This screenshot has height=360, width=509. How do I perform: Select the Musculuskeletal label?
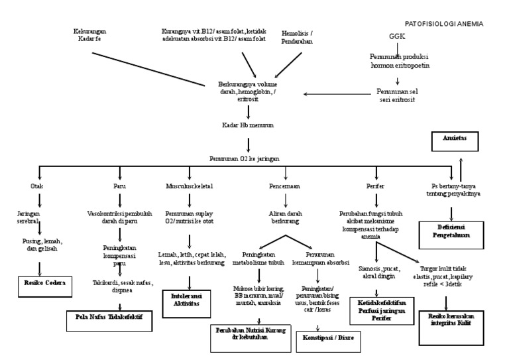pyautogui.click(x=190, y=187)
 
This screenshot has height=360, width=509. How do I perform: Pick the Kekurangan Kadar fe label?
pyautogui.click(x=90, y=35)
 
